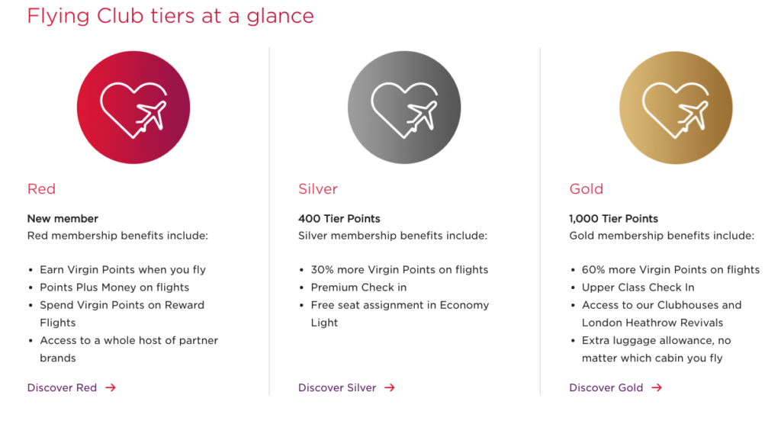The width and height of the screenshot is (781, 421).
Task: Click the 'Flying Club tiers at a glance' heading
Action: coord(170,16)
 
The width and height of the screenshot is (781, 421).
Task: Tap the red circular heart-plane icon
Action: coord(133,107)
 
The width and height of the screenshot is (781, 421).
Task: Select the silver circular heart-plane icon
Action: coord(404,107)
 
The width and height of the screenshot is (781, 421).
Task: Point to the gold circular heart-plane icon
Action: coord(676,108)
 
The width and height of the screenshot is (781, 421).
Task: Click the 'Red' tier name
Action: coord(41,189)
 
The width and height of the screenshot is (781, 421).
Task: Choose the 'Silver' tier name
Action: coord(318,189)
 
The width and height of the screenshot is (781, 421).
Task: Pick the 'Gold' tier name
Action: coord(587,189)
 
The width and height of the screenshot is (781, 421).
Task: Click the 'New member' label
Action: coord(63,219)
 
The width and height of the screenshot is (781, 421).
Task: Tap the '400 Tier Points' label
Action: coord(339,219)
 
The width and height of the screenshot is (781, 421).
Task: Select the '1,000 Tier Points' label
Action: coord(614,219)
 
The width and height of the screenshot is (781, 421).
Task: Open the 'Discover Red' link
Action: coord(62,387)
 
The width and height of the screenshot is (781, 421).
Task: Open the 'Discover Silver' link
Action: coord(337,387)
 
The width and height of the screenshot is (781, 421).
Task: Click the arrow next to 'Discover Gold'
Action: coord(657,387)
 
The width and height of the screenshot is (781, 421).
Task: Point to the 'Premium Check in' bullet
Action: coord(358,288)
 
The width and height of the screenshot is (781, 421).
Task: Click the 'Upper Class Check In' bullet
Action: coord(638,288)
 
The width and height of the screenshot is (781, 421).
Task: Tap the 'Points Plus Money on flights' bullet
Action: coord(114,288)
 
